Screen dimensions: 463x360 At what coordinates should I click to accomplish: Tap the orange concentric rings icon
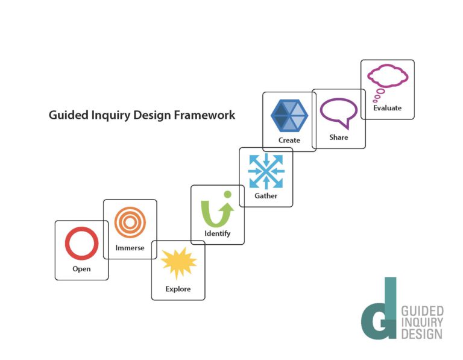click(x=130, y=209)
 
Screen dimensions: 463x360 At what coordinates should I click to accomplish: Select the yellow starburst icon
click(x=178, y=263)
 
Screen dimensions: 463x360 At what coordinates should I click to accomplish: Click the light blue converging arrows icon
click(x=266, y=171)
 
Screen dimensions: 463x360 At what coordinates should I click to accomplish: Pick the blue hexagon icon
click(x=289, y=115)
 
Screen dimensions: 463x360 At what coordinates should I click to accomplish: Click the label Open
click(x=81, y=269)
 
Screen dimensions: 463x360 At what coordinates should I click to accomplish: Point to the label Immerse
click(x=130, y=248)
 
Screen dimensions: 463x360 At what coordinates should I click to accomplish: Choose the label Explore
click(x=178, y=289)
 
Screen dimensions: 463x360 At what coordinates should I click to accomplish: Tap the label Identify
click(x=218, y=233)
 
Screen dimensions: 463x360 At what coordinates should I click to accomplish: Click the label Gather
click(x=266, y=195)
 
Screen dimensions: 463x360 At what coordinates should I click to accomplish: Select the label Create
click(x=289, y=140)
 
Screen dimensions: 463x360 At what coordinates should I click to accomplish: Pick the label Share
click(x=339, y=137)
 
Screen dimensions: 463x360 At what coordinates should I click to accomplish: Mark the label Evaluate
click(x=388, y=108)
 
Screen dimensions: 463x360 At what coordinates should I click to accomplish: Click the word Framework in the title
click(x=204, y=115)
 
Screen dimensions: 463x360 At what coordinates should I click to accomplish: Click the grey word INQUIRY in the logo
click(x=422, y=323)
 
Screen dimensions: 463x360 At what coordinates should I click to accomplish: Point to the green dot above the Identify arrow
click(x=227, y=194)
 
